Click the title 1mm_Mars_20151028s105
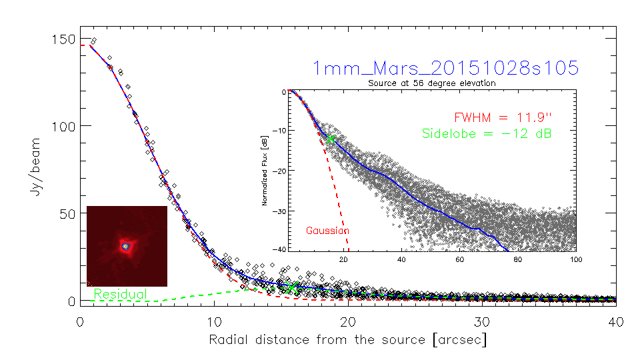pyautogui.click(x=445, y=68)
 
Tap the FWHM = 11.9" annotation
pyautogui.click(x=504, y=117)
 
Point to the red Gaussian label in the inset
pyautogui.click(x=327, y=231)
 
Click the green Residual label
pyautogui.click(x=120, y=293)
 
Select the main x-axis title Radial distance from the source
pyautogui.click(x=347, y=339)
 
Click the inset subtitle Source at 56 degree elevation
pyautogui.click(x=432, y=83)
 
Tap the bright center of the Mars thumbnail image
pyautogui.click(x=125, y=246)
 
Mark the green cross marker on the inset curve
pyautogui.click(x=330, y=139)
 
